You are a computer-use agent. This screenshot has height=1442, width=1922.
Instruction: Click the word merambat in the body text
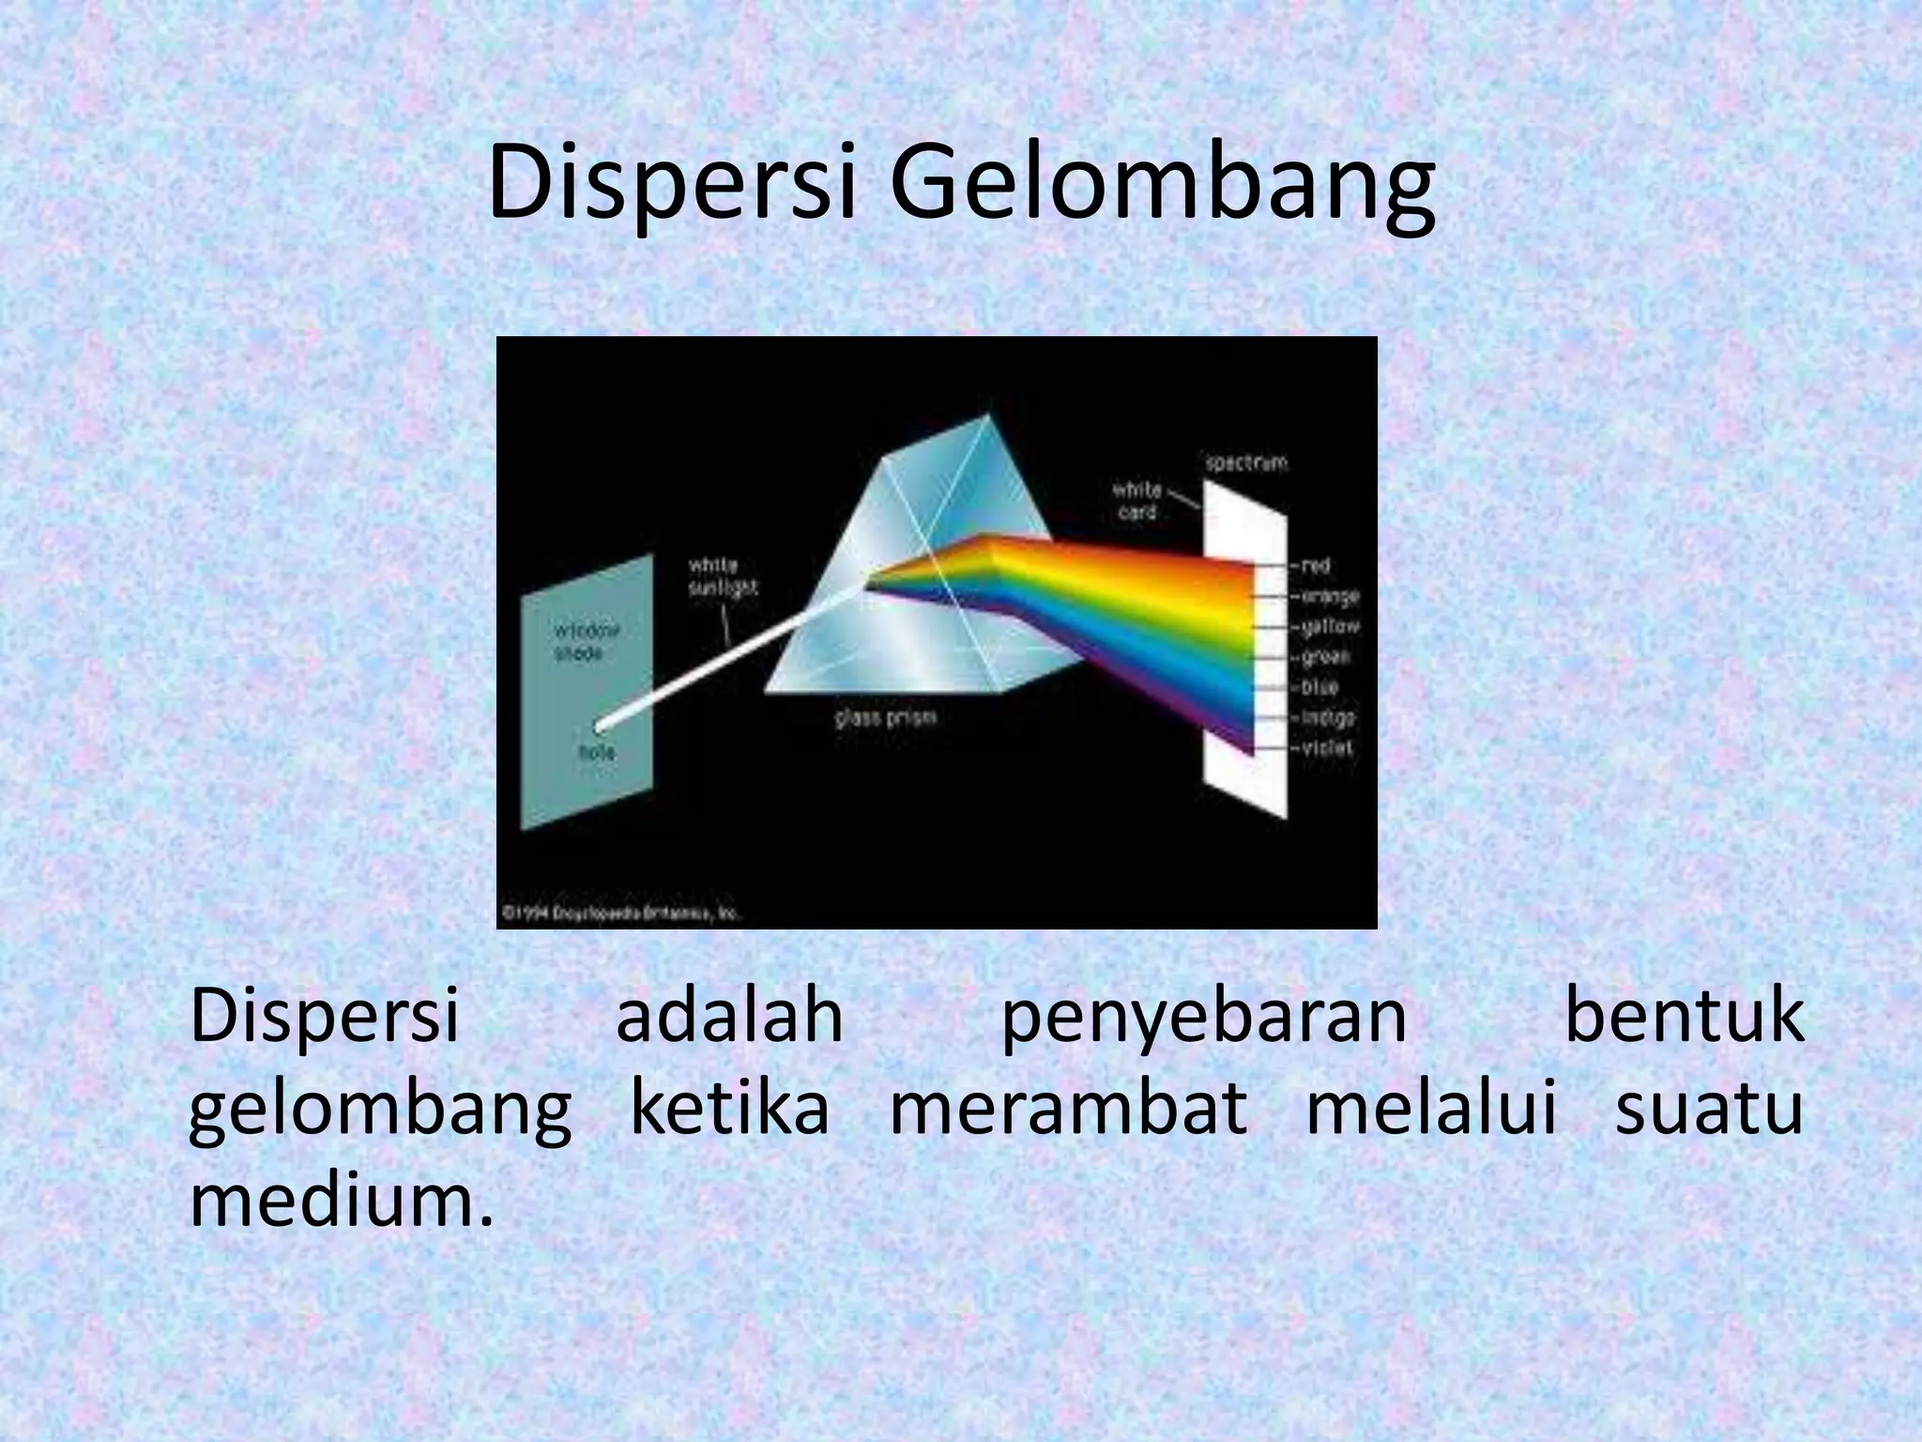[x=1068, y=1109]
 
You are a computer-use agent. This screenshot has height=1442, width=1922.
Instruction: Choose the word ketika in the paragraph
[x=730, y=1109]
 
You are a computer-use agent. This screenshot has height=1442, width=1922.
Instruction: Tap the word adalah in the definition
[x=729, y=1018]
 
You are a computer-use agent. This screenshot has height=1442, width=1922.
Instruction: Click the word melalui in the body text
[x=1431, y=1109]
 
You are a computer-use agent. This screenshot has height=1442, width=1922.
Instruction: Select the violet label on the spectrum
[x=1327, y=748]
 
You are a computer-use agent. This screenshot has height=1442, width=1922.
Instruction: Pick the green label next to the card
[x=1326, y=657]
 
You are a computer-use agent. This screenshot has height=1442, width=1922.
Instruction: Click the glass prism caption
[x=885, y=718]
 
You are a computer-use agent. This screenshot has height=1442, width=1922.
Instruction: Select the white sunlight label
[x=722, y=576]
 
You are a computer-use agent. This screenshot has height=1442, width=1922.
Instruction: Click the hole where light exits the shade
[x=600, y=725]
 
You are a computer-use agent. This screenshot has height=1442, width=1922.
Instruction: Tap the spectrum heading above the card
[x=1246, y=463]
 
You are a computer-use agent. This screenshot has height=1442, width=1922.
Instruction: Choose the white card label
[x=1137, y=501]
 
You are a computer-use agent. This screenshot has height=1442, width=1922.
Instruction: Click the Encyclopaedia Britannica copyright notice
[x=620, y=913]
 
